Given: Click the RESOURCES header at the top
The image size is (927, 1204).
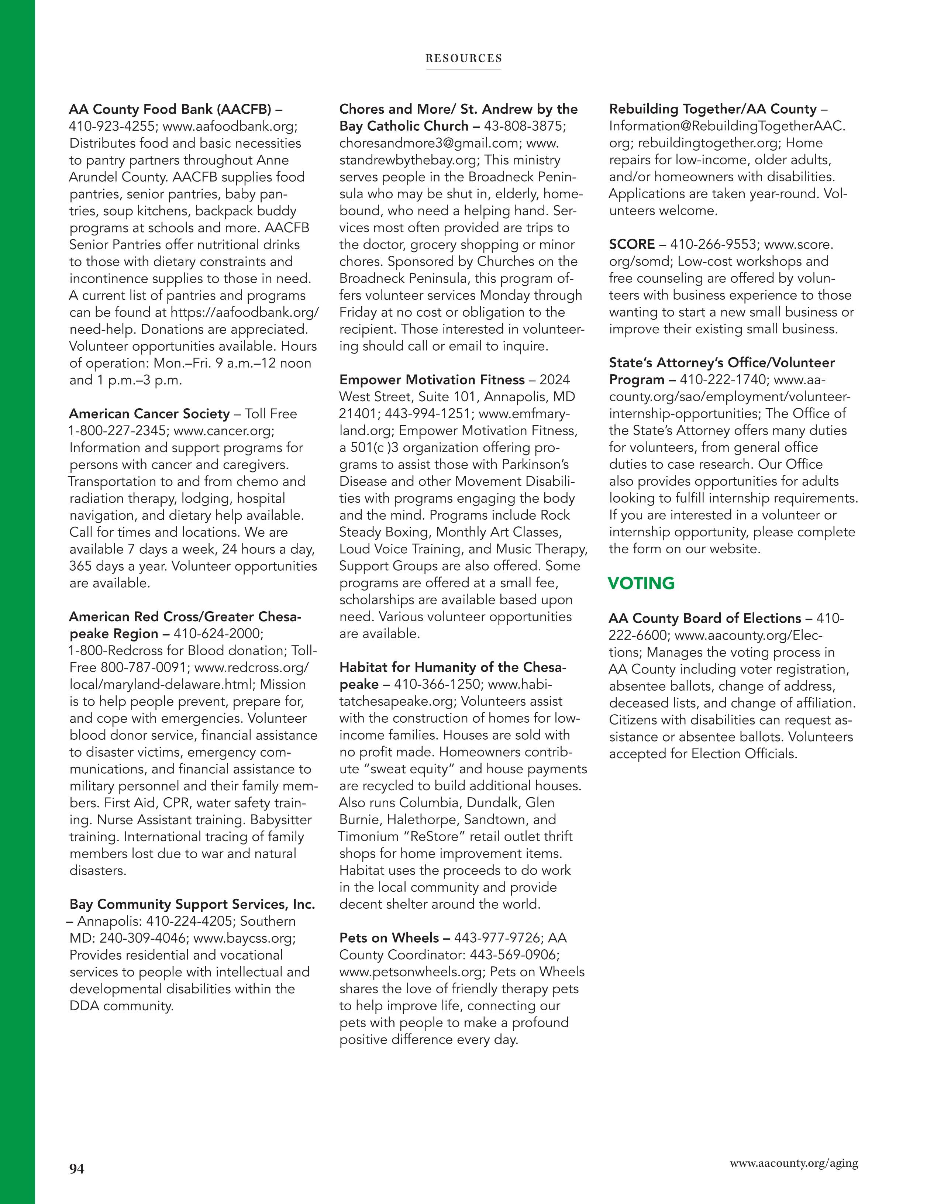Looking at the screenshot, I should pyautogui.click(x=463, y=58).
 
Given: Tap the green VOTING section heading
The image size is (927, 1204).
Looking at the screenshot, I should pyautogui.click(x=641, y=583).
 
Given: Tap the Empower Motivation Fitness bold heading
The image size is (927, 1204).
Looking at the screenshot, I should pyautogui.click(x=431, y=380).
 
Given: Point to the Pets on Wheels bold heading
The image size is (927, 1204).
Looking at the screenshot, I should pyautogui.click(x=389, y=938).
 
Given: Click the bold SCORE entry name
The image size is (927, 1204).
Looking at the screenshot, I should pyautogui.click(x=632, y=244).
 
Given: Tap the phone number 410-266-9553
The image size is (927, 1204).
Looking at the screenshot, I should pyautogui.click(x=712, y=244).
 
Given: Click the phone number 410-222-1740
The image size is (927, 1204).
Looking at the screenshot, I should pyautogui.click(x=723, y=380).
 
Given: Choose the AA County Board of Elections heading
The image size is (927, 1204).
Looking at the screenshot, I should pyautogui.click(x=705, y=619).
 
